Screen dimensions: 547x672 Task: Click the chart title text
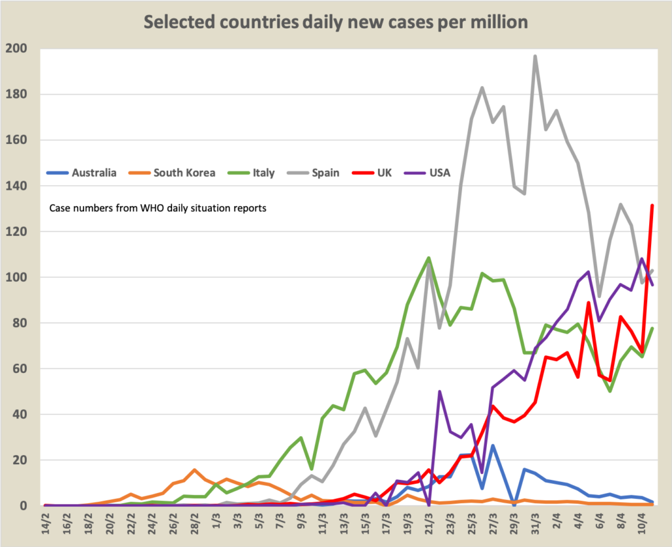(x=336, y=22)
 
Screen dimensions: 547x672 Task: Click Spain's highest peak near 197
(x=535, y=56)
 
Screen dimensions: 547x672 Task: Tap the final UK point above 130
(x=652, y=206)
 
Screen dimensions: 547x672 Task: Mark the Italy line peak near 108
(x=428, y=257)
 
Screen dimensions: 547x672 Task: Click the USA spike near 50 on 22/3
(x=439, y=391)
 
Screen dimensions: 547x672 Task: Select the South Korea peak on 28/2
(x=194, y=470)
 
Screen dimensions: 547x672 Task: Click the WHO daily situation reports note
(x=157, y=209)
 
